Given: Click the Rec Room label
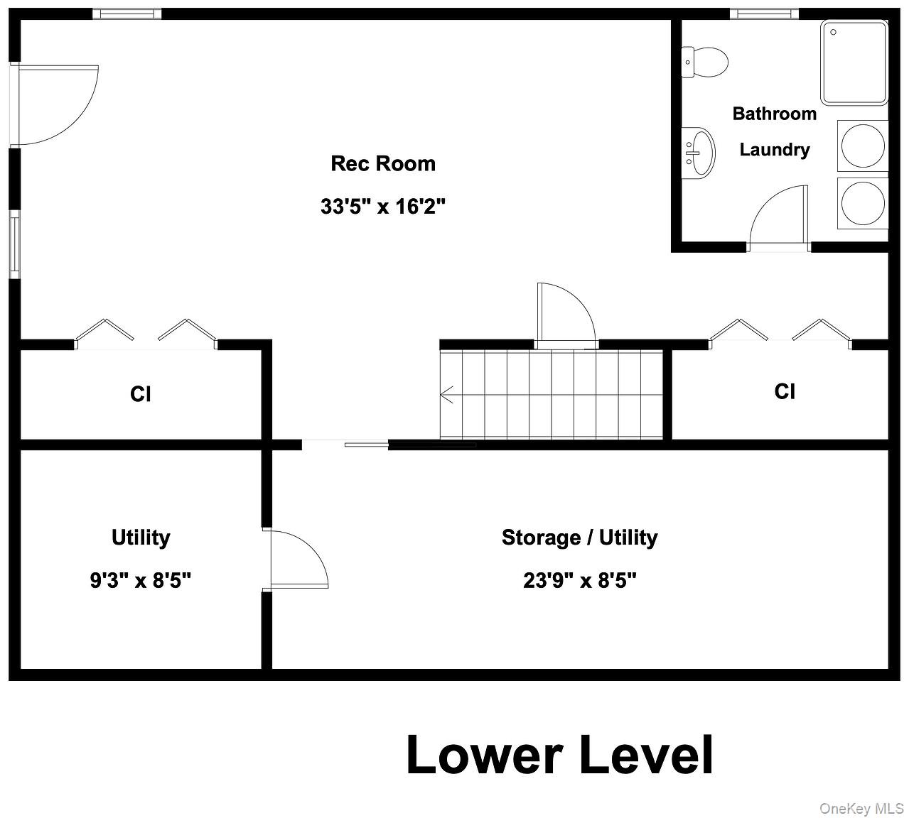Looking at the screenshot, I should (x=383, y=164).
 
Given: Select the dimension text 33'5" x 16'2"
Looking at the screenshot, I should (x=383, y=207).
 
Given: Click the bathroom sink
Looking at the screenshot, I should (x=699, y=152).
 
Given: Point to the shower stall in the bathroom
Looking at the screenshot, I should (x=854, y=62).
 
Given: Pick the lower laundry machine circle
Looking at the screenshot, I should (x=863, y=203).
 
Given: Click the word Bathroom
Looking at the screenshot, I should (x=774, y=114).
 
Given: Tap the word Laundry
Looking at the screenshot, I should (x=774, y=150).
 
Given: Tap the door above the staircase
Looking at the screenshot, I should (x=566, y=312).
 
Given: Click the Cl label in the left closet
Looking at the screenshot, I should (x=141, y=394).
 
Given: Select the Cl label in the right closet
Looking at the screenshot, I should (x=785, y=392).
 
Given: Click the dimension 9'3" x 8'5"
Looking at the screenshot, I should (x=141, y=581).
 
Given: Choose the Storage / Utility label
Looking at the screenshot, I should (x=579, y=538).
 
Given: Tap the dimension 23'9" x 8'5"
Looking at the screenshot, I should (x=579, y=581).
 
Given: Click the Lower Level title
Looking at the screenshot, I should (x=559, y=755).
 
